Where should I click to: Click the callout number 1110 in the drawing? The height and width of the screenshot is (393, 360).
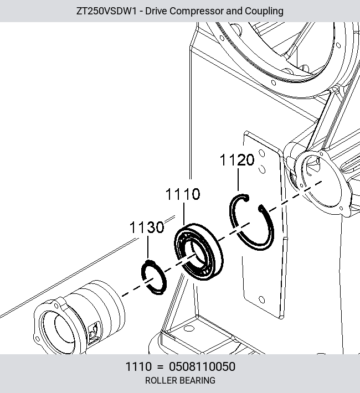coord(183,194)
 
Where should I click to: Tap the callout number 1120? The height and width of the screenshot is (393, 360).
coord(237,159)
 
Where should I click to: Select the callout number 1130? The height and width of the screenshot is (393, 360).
coord(147,227)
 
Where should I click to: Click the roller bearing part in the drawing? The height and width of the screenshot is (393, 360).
coord(198,252)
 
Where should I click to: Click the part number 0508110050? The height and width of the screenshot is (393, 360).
coord(202,366)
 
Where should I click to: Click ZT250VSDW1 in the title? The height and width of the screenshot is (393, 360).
coord(106,11)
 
